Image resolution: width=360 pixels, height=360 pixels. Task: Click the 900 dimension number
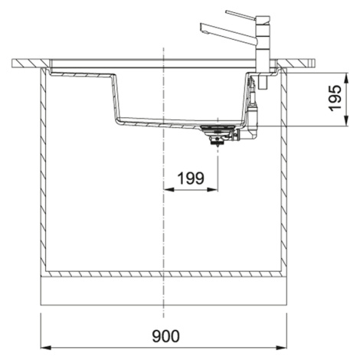[x=165, y=335]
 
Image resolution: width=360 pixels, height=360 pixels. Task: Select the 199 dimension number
[x=191, y=178]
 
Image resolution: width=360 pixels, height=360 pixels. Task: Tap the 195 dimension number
[x=335, y=98]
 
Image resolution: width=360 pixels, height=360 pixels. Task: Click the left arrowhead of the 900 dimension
[x=46, y=348]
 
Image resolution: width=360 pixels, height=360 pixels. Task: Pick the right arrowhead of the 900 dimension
[x=281, y=348]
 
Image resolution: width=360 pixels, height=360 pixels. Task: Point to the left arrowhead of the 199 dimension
[x=169, y=189]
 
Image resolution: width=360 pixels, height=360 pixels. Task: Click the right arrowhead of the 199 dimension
[x=213, y=189]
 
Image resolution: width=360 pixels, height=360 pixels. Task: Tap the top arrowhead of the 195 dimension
[x=346, y=78]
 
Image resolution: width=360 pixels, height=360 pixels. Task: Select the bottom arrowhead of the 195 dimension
[x=346, y=121]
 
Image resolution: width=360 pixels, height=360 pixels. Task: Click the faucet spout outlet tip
[x=204, y=31]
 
